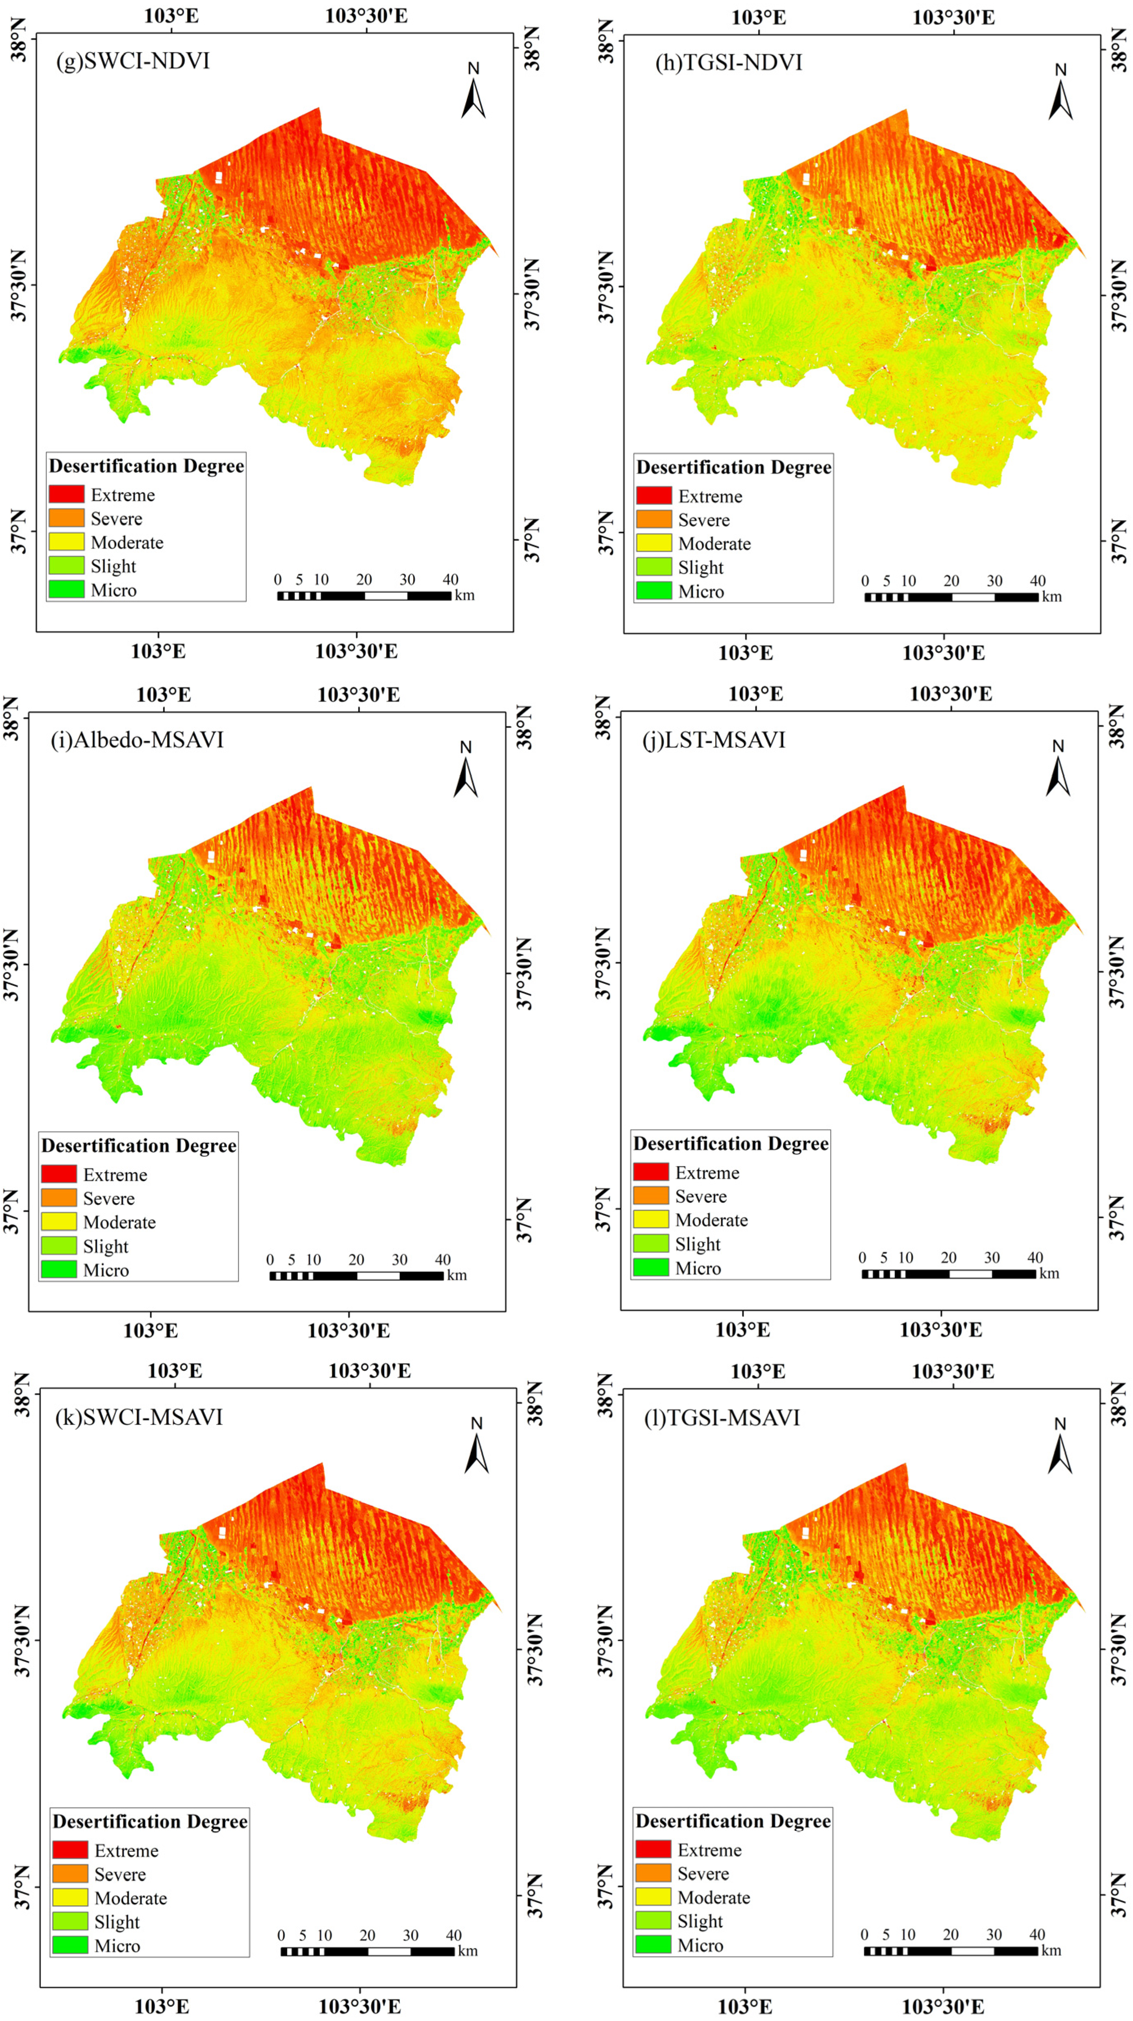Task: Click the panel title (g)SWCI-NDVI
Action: [x=133, y=61]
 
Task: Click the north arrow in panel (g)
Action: [x=473, y=93]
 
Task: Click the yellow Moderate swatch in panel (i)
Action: [x=59, y=1221]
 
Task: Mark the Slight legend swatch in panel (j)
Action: [x=651, y=1244]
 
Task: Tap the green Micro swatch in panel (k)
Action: [x=70, y=1945]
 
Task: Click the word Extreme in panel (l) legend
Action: [x=709, y=1850]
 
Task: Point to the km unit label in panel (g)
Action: [x=465, y=596]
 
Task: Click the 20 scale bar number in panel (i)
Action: [x=356, y=1259]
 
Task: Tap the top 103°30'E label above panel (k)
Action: [x=369, y=1371]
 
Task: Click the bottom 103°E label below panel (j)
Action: [x=742, y=1330]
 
